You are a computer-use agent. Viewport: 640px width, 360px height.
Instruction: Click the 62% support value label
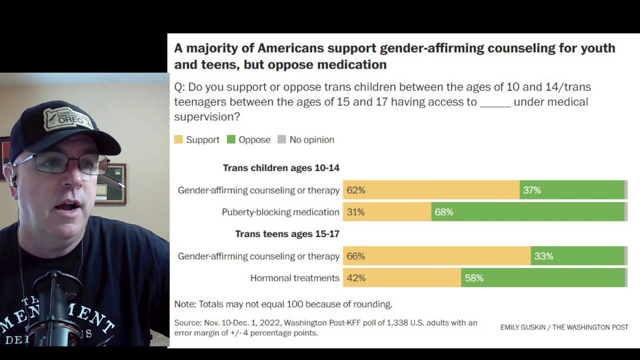(x=356, y=190)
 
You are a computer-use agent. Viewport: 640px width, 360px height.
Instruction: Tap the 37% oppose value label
(x=532, y=190)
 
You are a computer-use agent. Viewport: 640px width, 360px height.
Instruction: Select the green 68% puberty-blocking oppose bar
(x=527, y=212)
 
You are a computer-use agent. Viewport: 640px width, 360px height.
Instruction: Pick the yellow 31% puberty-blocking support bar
(x=387, y=212)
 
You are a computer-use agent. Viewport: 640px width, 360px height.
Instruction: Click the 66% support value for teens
(x=356, y=256)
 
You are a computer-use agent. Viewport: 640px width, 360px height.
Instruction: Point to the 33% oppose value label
(x=543, y=256)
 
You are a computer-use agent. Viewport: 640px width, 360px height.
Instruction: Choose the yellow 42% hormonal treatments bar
(x=402, y=278)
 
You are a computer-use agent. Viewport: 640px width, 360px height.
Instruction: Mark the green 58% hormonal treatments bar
(x=542, y=278)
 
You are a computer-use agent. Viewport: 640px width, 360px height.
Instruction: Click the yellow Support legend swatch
(x=178, y=139)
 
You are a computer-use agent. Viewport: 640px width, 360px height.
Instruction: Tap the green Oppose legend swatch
(x=231, y=139)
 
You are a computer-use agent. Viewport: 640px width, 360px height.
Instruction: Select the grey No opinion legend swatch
(x=282, y=139)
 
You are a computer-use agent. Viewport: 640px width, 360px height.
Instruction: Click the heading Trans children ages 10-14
(x=281, y=168)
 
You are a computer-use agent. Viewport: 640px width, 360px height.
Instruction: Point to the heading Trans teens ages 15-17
(x=287, y=234)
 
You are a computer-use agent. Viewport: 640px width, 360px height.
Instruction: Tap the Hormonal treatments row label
(x=294, y=278)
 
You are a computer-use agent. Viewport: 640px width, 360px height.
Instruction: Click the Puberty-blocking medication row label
(x=280, y=212)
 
